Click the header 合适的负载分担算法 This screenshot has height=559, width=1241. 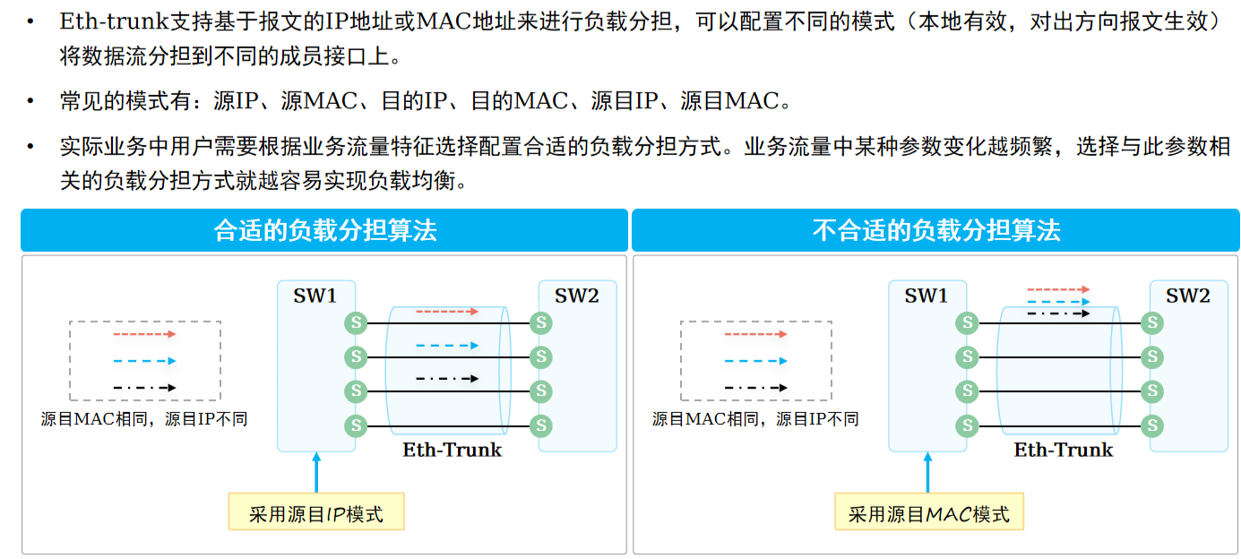coord(324,230)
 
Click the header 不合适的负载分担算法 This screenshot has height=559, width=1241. coord(935,230)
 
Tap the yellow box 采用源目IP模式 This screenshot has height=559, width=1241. coord(316,513)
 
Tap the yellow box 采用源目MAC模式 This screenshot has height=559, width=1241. coord(928,513)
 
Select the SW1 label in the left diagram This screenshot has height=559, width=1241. coord(315,296)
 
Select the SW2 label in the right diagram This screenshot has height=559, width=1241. coord(1188,296)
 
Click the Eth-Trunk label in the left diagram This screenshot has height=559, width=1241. coord(452,450)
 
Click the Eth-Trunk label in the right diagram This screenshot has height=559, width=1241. coord(1064,450)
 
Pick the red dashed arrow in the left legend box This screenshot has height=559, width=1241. coord(144,334)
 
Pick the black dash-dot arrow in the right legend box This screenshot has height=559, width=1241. coord(755,388)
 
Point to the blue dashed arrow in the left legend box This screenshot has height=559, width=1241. coord(144,361)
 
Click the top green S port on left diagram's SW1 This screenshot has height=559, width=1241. coord(357,322)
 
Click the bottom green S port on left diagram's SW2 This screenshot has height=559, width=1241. coord(540,425)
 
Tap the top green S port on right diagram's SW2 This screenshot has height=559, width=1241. coord(1151,322)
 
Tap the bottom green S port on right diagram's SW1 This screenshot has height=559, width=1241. coord(967,425)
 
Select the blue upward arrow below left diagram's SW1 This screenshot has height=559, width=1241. coord(315,472)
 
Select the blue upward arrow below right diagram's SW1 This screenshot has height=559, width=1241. coord(927,472)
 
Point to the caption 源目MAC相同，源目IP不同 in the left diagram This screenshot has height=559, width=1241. coord(144,418)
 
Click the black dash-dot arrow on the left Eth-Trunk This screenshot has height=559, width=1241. coord(446,378)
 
